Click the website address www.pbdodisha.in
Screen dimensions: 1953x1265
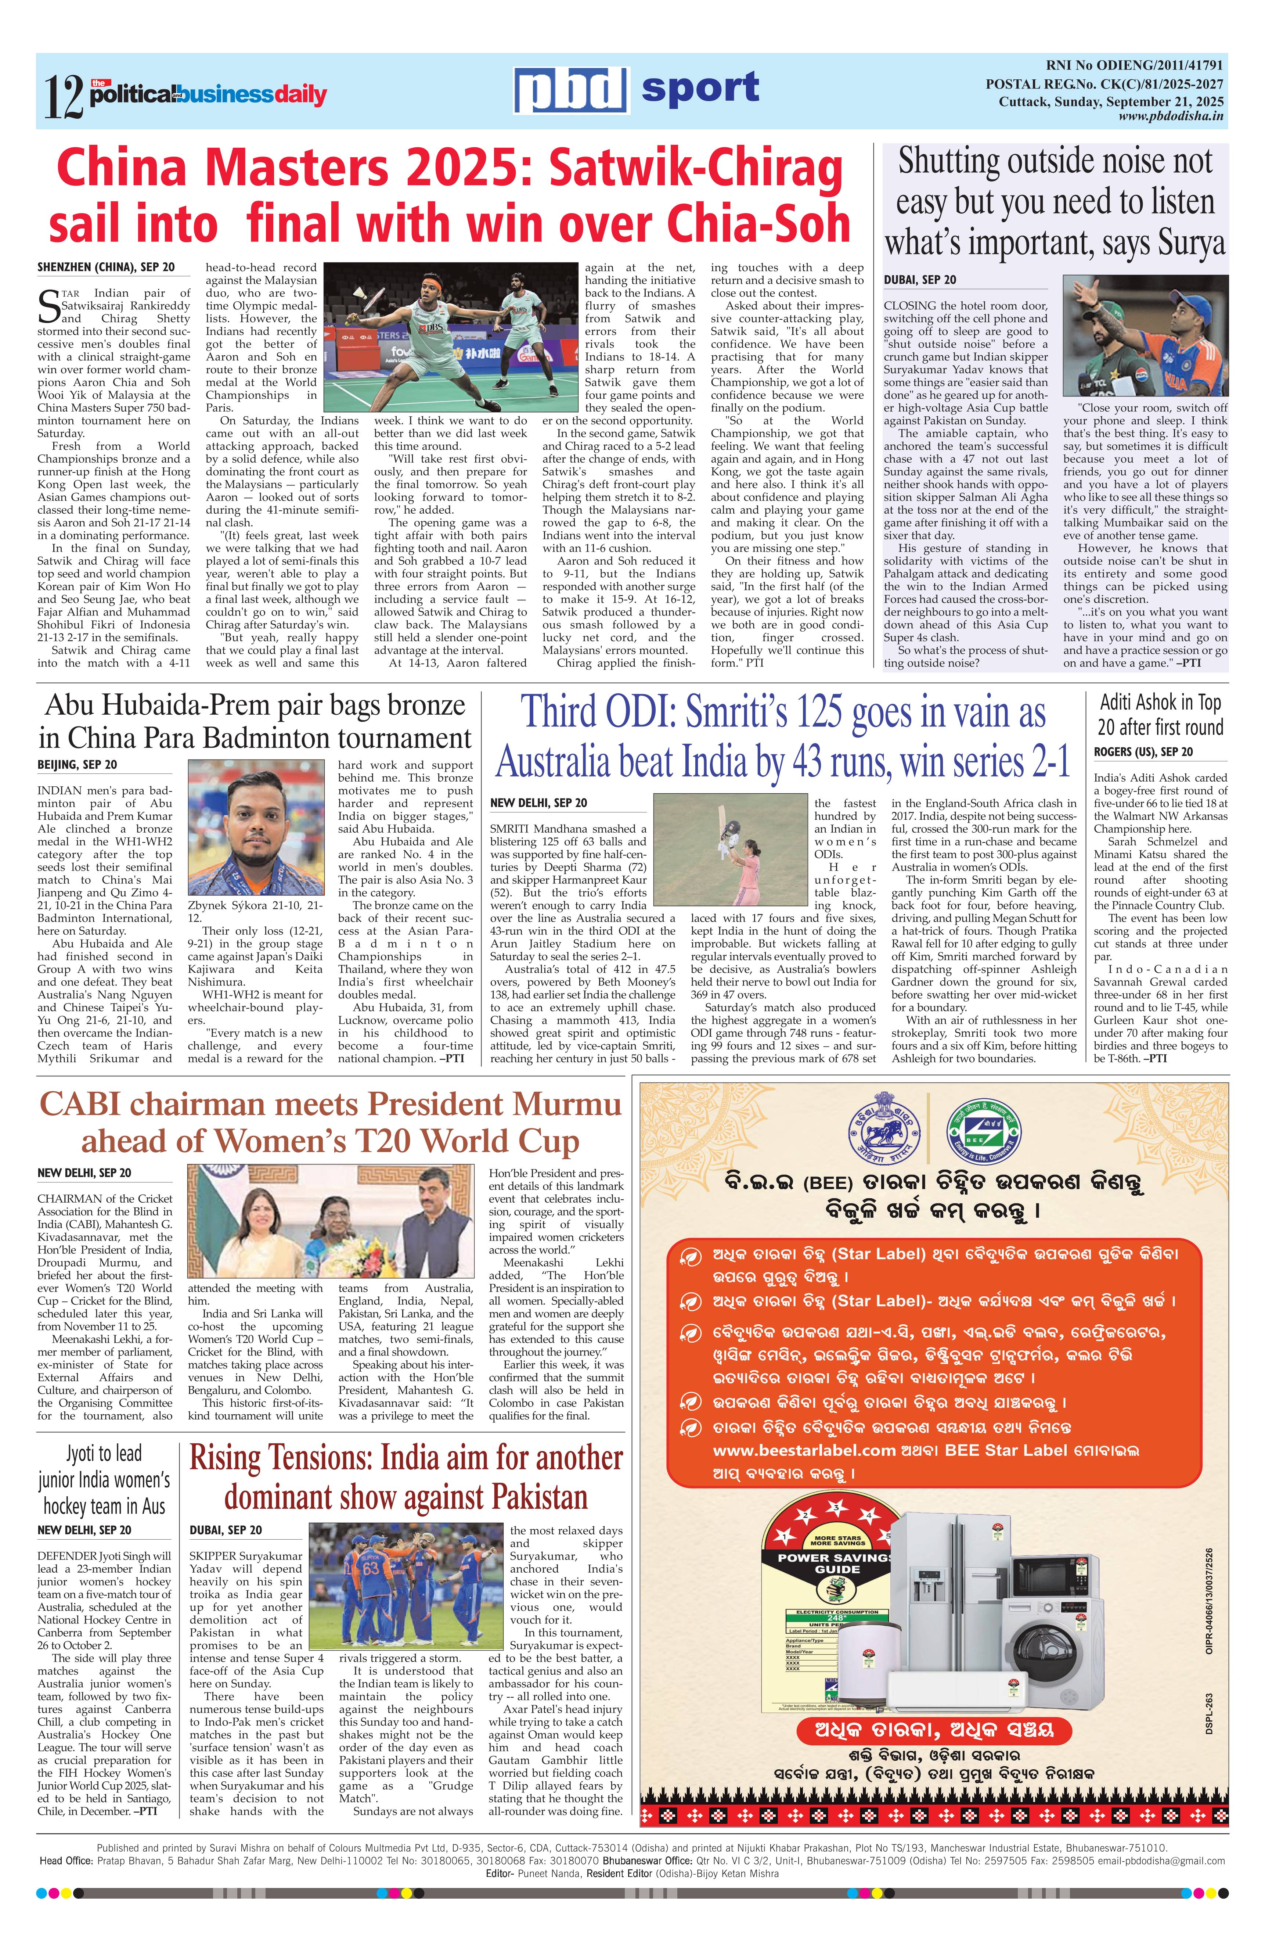(x=1171, y=116)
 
